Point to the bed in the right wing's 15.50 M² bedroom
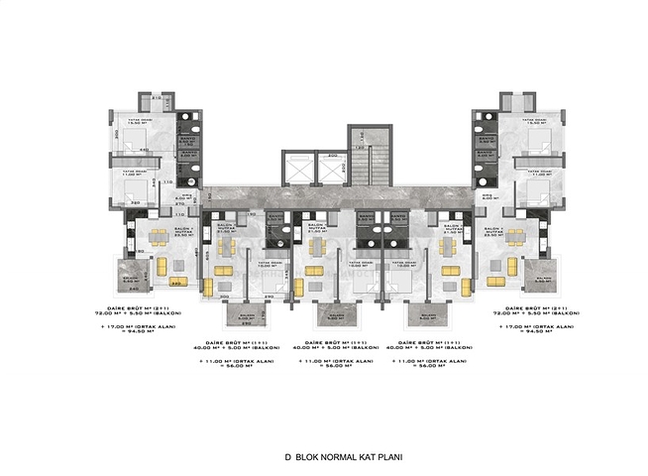click(534, 136)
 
